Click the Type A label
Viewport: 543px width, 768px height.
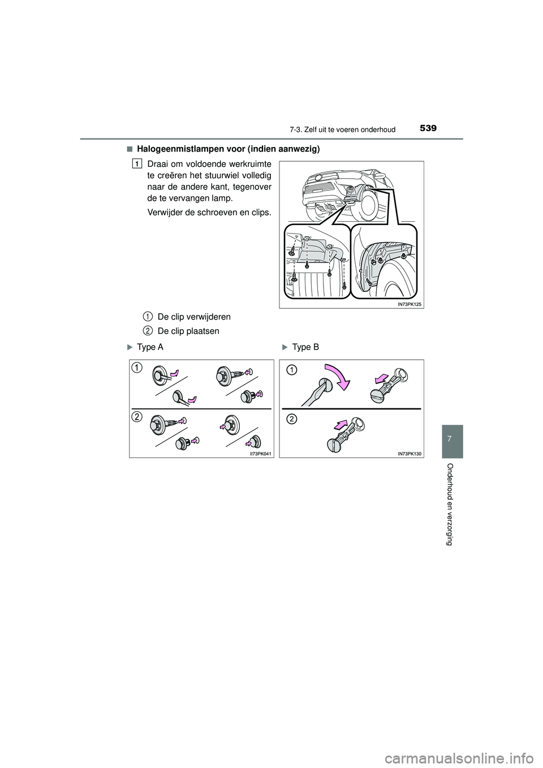pyautogui.click(x=150, y=347)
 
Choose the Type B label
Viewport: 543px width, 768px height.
pyautogui.click(x=305, y=347)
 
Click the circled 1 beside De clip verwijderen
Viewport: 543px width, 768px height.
pyautogui.click(x=146, y=316)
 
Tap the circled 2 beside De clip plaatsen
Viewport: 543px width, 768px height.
pyautogui.click(x=146, y=330)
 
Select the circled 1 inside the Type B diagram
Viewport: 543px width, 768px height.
pyautogui.click(x=290, y=370)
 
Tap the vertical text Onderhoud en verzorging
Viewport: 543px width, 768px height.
pyautogui.click(x=450, y=503)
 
